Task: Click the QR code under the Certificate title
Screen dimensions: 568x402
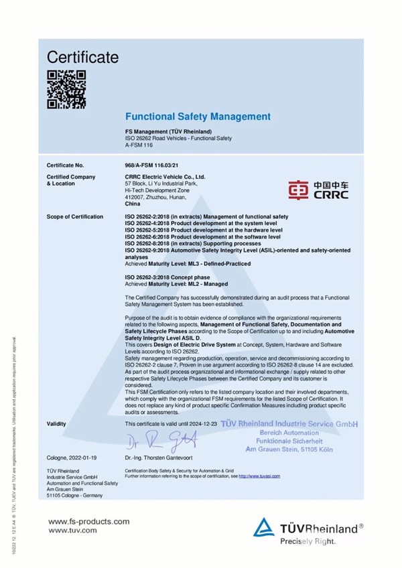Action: [x=67, y=89]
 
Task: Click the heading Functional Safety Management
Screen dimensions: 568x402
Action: [x=198, y=117]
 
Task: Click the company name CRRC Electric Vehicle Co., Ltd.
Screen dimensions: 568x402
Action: [x=165, y=176]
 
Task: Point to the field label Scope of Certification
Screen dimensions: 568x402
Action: [x=75, y=217]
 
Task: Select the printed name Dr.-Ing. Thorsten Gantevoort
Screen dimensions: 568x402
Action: [x=159, y=456]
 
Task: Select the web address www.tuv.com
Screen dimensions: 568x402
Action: [x=72, y=530]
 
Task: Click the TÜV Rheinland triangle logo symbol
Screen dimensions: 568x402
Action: [x=266, y=528]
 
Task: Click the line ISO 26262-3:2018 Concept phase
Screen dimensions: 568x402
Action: [x=167, y=277]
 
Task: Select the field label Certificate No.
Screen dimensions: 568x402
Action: [x=66, y=165]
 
